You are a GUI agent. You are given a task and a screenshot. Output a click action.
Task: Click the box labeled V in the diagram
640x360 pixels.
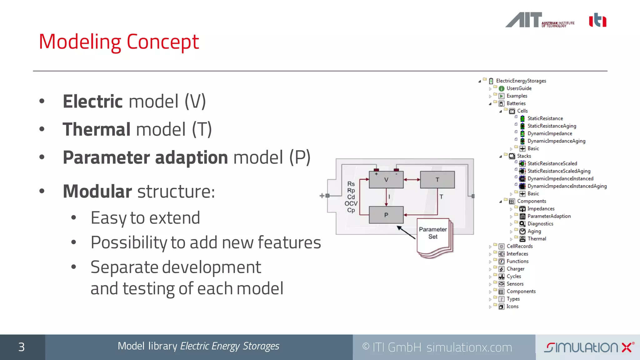pos(386,180)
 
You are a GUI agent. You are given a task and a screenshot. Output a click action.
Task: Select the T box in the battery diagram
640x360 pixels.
pos(437,180)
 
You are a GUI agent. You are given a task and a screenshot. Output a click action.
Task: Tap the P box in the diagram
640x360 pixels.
pos(386,215)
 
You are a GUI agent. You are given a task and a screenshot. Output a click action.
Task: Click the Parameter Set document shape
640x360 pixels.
pos(433,236)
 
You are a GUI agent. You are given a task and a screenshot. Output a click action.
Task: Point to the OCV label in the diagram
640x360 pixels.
pos(351,203)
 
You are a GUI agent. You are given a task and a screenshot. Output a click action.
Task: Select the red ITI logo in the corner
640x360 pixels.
pos(597,20)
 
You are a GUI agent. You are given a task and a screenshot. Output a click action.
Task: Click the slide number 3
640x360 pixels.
pos(21,347)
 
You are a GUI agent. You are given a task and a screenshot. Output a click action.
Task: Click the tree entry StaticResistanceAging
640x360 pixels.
pos(552,126)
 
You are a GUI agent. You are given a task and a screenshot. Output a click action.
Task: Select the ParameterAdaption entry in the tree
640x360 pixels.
pos(549,216)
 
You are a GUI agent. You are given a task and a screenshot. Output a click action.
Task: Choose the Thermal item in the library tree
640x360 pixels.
pos(537,239)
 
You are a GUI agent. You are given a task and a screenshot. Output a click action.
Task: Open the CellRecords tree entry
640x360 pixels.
pos(519,246)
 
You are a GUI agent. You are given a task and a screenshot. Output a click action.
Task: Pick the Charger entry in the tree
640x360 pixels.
pos(515,269)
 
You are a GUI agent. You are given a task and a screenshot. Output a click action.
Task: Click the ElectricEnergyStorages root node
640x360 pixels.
pos(521,81)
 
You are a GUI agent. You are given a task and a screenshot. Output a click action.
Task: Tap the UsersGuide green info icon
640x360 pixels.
pos(502,89)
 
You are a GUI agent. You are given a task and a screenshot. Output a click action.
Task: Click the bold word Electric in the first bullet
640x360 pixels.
pos(93,102)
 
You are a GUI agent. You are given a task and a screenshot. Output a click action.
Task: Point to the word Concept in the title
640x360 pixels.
pos(162,42)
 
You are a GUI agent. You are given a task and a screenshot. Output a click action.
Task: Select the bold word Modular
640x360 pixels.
pos(97,191)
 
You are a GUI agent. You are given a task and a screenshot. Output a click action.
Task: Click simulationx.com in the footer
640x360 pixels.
pos(469,347)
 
